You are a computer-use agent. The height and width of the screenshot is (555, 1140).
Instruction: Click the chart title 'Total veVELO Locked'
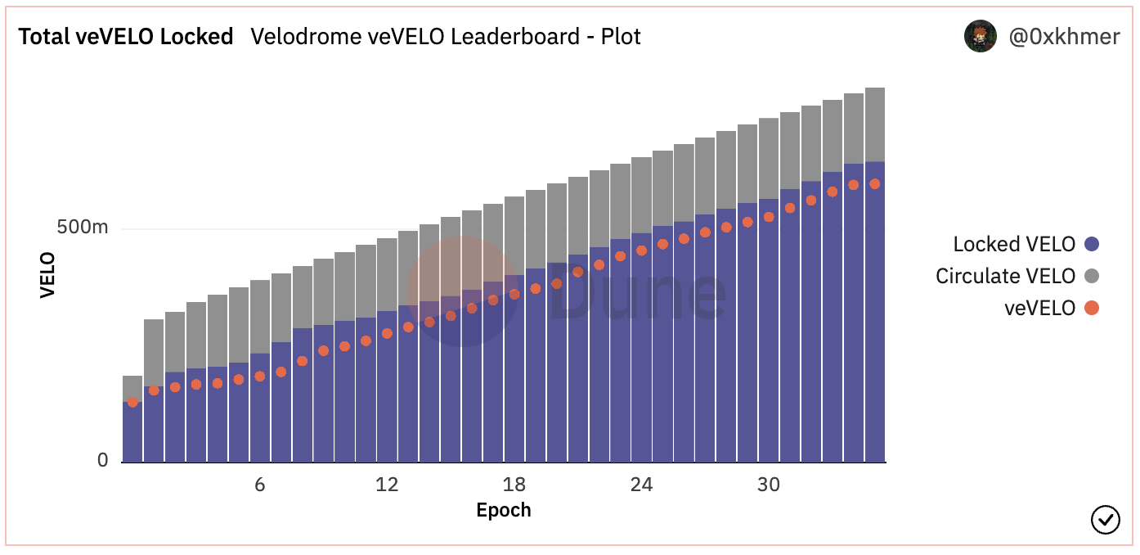126,37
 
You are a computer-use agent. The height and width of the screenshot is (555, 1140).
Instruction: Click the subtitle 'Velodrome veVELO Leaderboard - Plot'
446,37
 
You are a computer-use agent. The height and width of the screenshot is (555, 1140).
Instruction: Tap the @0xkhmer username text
1062,37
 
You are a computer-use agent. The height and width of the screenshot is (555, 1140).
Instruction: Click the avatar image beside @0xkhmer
981,37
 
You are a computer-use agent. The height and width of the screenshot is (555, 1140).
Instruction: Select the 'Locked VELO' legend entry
1014,244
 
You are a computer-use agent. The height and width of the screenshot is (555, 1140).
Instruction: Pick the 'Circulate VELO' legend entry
1005,276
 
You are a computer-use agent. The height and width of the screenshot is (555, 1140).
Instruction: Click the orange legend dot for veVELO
1091,309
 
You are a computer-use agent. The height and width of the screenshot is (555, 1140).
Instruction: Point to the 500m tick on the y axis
83,228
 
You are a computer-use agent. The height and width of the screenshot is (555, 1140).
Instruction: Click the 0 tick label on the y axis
102,461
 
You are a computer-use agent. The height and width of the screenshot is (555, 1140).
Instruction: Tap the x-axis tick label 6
259,485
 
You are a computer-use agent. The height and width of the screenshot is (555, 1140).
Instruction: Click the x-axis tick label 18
514,485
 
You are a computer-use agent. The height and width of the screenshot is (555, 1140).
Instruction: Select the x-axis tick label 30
769,485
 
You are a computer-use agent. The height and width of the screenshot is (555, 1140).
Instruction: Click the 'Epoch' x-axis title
504,511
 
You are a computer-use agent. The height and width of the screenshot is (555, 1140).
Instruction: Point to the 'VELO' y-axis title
47,275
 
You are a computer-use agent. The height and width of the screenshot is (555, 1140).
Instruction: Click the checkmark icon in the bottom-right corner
1106,519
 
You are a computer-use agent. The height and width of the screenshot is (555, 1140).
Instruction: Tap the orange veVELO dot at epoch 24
642,250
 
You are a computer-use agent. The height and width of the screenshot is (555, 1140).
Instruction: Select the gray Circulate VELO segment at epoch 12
387,274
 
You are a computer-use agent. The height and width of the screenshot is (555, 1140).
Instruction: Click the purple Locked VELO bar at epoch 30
769,344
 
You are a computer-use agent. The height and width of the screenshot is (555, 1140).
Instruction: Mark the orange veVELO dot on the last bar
874,184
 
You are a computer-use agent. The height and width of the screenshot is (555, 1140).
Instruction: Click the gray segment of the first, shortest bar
132,388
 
